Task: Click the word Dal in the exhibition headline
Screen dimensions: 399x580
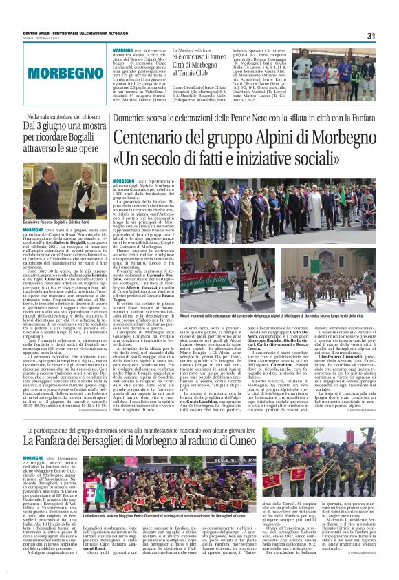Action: click(x=32, y=127)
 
